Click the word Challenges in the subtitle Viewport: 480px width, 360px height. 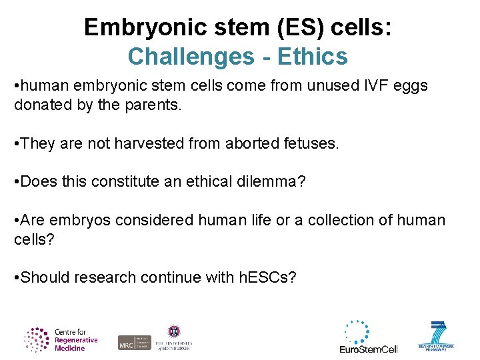pos(185,57)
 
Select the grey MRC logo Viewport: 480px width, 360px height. pos(134,342)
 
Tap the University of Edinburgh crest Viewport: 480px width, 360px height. pos(174,331)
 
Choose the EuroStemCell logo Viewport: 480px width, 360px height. pos(369,337)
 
